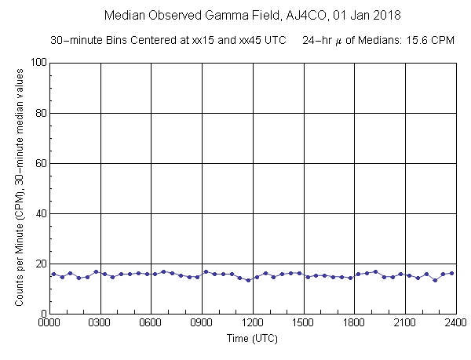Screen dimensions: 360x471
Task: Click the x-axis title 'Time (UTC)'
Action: (253, 339)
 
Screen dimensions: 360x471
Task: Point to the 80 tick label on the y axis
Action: (37, 113)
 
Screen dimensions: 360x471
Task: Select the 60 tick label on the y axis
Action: (37, 163)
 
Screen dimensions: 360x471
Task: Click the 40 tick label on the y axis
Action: (37, 213)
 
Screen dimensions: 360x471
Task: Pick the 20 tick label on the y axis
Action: (37, 264)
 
